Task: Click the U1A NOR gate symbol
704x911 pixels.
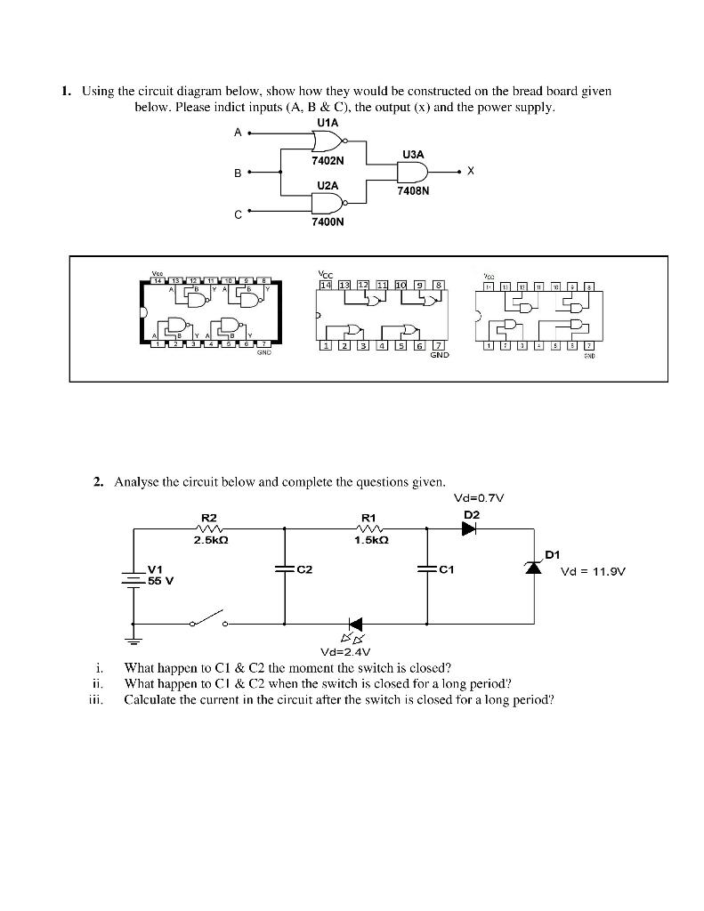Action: (x=327, y=141)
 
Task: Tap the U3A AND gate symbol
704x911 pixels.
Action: (x=417, y=172)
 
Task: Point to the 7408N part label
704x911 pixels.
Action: (x=414, y=189)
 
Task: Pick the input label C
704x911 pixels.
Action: (x=238, y=214)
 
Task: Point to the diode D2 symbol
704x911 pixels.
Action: (x=469, y=528)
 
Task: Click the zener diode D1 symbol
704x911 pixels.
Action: (x=535, y=567)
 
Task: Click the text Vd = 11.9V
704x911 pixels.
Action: (x=592, y=572)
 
